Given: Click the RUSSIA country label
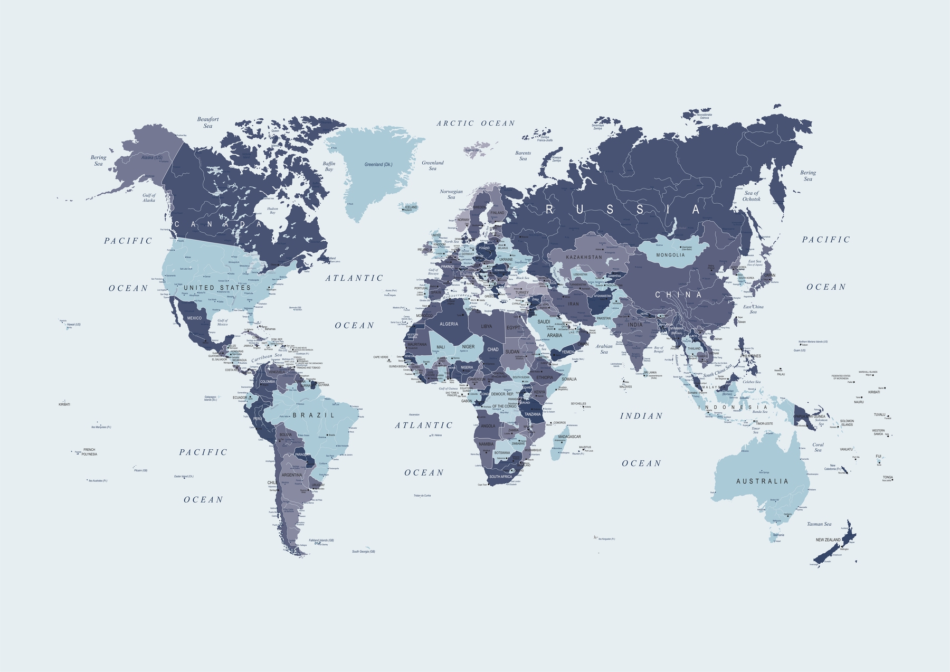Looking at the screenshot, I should point(623,210).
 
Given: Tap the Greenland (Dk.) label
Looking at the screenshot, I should point(378,165).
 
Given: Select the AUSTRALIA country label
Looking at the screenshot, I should point(762,481).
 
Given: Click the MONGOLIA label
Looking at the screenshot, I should point(670,255).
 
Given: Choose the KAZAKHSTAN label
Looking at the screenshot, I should point(584,257).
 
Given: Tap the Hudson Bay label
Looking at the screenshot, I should point(272,211).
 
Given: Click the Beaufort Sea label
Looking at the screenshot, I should point(208,122).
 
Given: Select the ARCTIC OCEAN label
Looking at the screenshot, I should point(476,124).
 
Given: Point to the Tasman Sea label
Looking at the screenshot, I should point(819,524).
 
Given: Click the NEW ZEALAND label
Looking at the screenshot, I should point(828,540).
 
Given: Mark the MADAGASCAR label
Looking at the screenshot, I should point(569,437).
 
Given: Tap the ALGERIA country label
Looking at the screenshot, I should point(449,324).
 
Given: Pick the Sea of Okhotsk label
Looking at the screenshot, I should point(752,196).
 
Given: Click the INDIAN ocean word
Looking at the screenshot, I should point(641,416).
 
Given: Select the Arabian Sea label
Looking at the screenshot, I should point(604,349).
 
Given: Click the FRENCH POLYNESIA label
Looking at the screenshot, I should point(89,452).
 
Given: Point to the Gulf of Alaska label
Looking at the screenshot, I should point(149,198).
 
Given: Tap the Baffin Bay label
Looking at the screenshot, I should point(329,166).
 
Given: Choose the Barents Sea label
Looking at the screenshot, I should point(523,156).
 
